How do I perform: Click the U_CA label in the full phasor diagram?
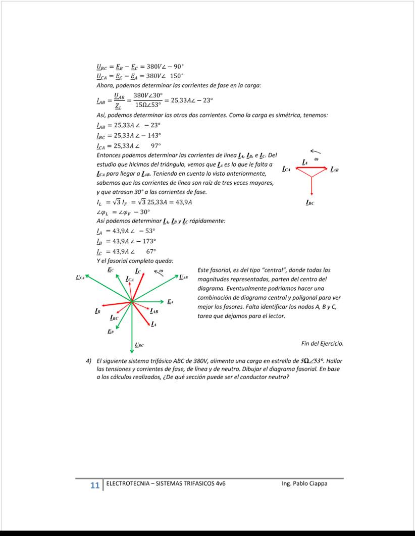pyautogui.click(x=79, y=277)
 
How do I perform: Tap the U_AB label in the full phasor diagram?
pyautogui.click(x=184, y=277)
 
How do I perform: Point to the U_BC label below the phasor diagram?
pyautogui.click(x=139, y=345)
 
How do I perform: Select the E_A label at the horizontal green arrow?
pyautogui.click(x=170, y=301)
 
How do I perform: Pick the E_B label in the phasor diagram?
pyautogui.click(x=110, y=332)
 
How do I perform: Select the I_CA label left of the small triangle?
pyautogui.click(x=286, y=169)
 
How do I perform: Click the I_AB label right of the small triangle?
pyautogui.click(x=334, y=170)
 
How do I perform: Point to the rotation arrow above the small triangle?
pyautogui.click(x=315, y=151)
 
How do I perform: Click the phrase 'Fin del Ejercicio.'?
pyautogui.click(x=322, y=344)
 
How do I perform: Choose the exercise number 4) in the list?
pyautogui.click(x=88, y=361)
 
